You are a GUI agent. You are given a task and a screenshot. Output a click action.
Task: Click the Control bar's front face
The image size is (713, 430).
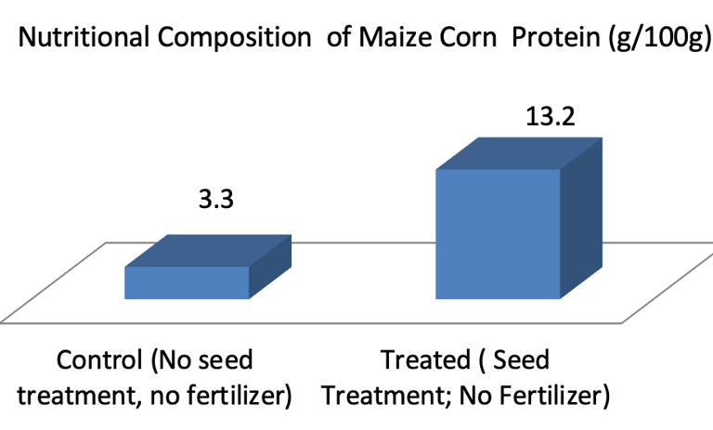[187, 282]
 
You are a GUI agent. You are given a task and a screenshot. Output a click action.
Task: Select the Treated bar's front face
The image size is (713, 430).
[499, 234]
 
